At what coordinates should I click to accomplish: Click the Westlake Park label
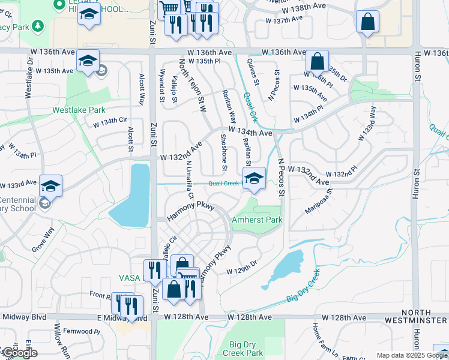79,110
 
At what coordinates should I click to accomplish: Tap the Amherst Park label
257,220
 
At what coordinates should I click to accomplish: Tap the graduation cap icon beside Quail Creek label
254,178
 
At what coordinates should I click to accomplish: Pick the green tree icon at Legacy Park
38,26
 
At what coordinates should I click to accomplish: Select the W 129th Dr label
241,271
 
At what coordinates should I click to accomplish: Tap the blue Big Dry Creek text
303,287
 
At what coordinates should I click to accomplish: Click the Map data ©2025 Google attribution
411,355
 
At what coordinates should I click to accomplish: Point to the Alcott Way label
142,90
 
